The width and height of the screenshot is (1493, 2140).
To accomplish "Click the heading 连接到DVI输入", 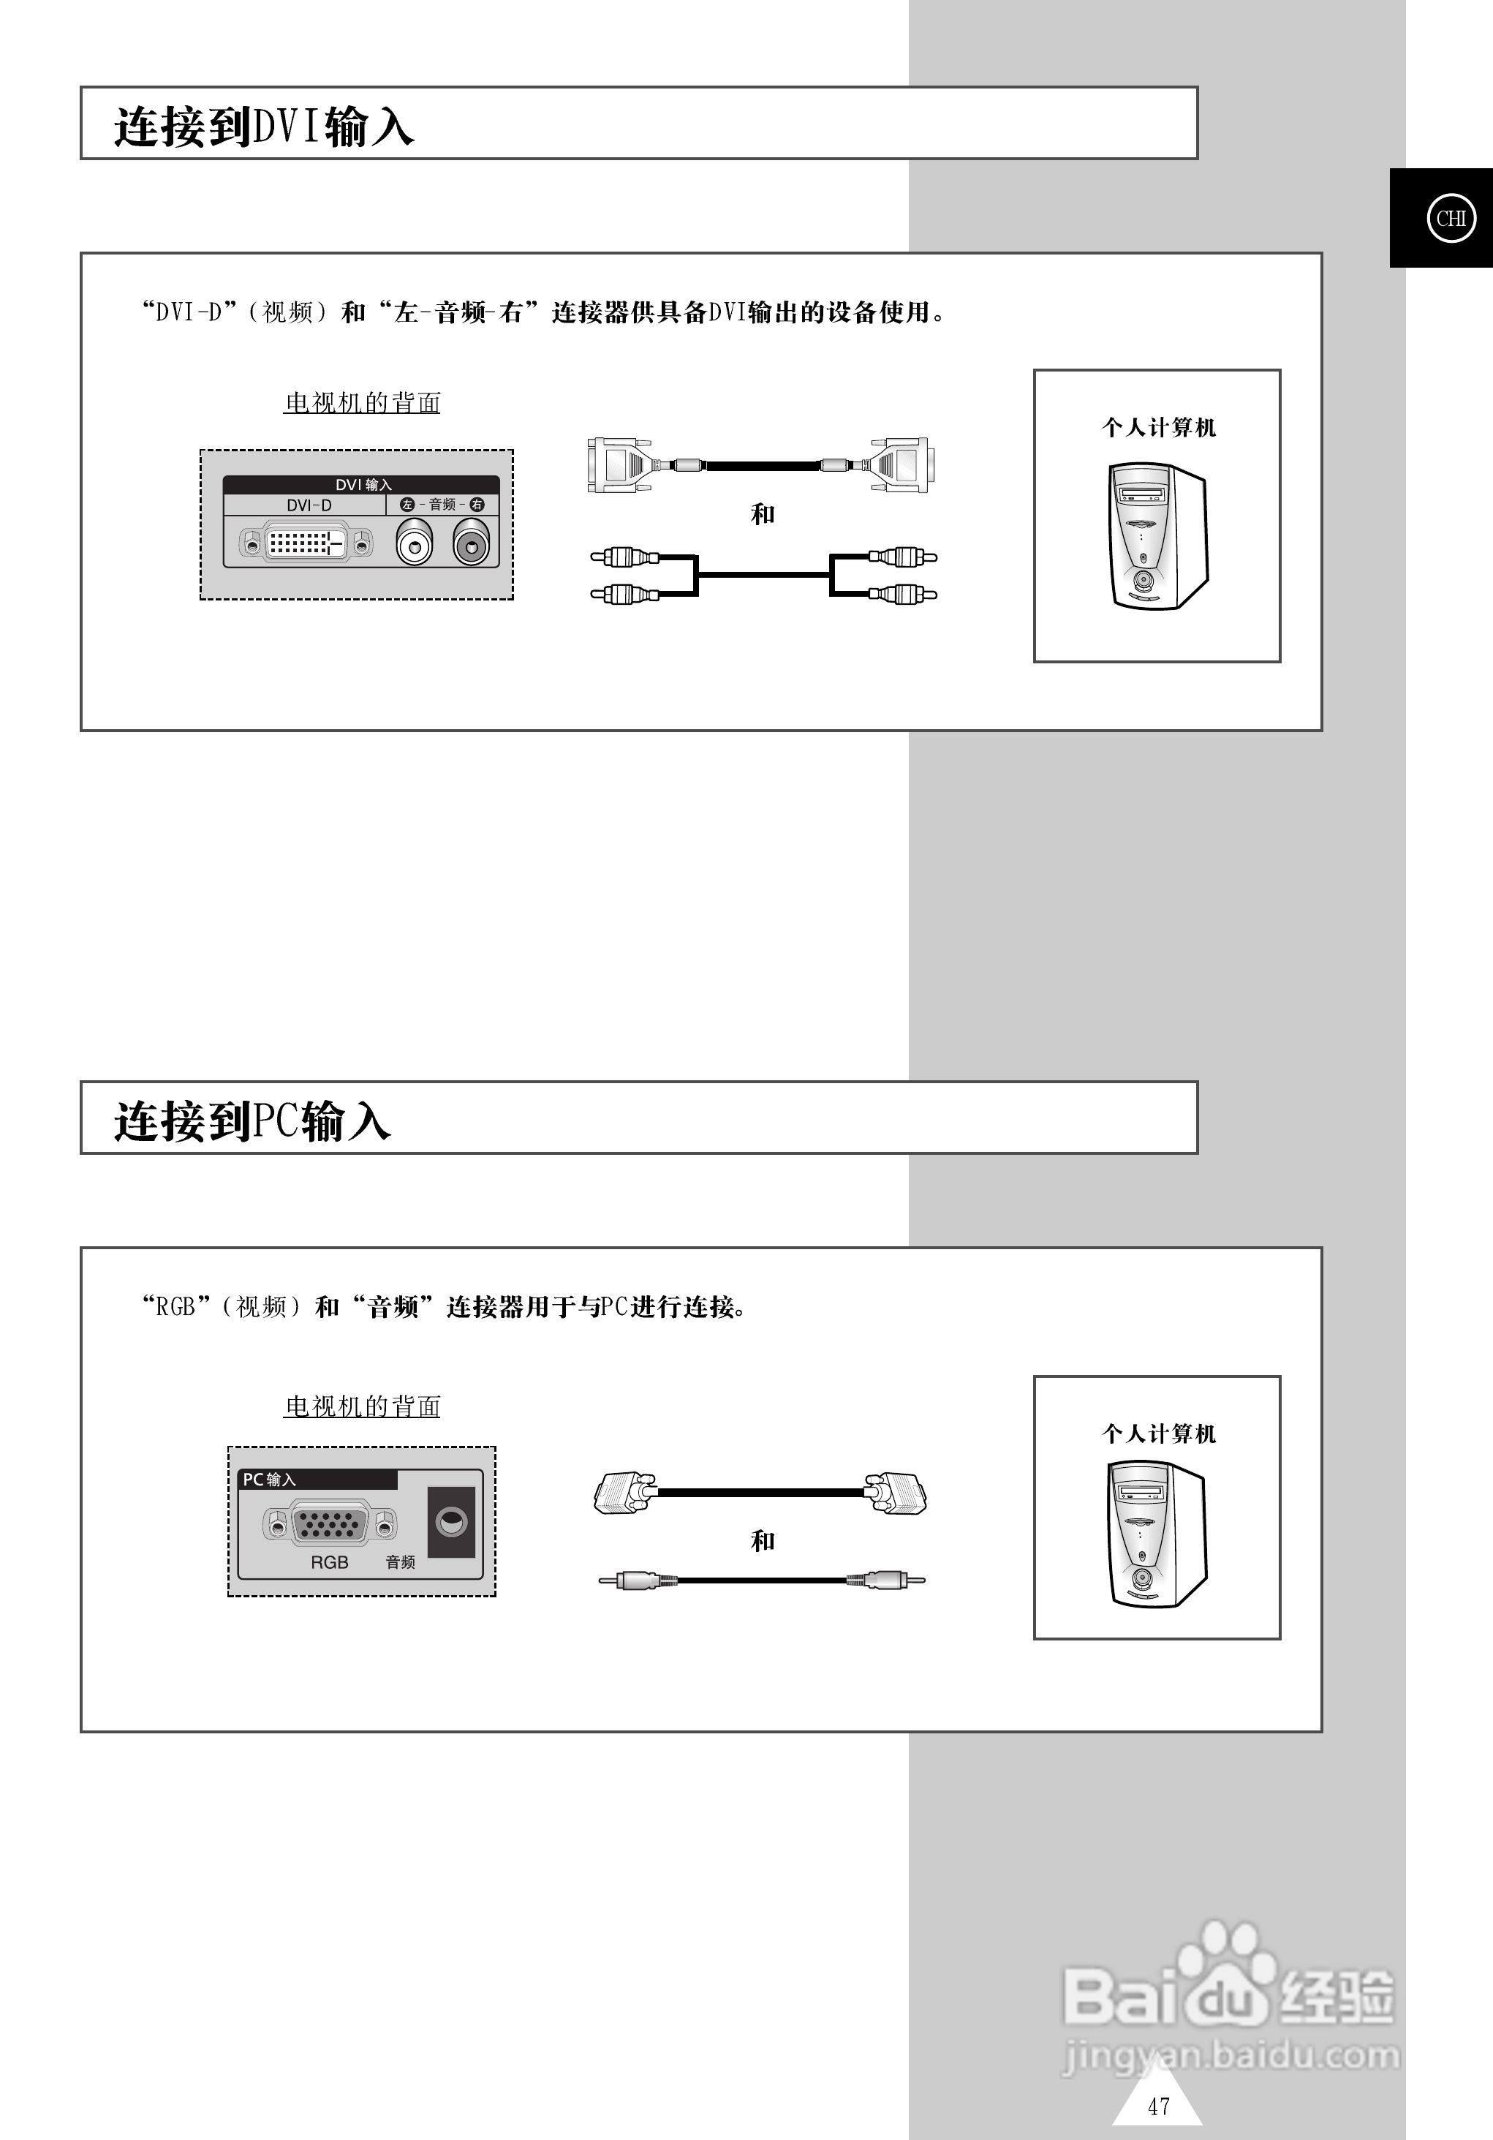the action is click(264, 126).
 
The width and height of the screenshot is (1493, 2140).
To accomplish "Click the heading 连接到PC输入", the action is click(252, 1120).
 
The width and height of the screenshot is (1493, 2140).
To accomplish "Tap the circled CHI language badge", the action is click(1450, 218).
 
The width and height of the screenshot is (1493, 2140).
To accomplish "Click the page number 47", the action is click(1158, 2106).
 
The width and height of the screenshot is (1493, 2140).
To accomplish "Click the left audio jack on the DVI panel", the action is click(414, 543).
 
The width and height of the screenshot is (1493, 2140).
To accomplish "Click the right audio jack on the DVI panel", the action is click(472, 543).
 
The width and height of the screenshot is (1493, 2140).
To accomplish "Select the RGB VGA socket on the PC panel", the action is click(329, 1525).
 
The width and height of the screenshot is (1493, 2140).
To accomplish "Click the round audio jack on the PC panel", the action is click(451, 1523).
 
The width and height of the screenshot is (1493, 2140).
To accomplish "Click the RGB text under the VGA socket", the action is click(329, 1562).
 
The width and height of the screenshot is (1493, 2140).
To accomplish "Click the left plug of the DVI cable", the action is click(617, 464).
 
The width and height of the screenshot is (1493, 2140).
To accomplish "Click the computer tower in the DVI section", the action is click(1157, 537).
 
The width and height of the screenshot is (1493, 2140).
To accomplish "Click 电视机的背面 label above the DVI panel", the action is click(362, 403).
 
